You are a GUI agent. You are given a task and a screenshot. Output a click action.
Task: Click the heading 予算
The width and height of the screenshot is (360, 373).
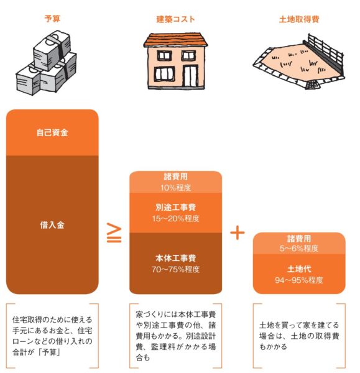tap(52, 19)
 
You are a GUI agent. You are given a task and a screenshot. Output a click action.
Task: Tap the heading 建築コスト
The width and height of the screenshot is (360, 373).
tap(175, 19)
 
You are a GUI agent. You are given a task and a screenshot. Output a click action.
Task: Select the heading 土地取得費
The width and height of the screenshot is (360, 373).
tap(299, 19)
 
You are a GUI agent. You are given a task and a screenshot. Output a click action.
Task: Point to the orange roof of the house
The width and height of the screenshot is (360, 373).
tap(175, 40)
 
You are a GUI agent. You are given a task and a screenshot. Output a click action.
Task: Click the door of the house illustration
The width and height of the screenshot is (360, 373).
tap(190, 76)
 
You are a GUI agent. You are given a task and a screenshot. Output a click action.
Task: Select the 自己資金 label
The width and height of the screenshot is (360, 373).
tap(52, 132)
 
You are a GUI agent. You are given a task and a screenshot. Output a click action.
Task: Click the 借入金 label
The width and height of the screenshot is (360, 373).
tap(52, 225)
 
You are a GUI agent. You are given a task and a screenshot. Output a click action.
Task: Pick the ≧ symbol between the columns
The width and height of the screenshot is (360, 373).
tap(114, 233)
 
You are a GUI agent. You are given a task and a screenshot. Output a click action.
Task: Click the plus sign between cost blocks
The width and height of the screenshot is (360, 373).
tap(238, 233)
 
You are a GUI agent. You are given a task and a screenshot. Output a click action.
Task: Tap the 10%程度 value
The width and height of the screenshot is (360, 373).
tap(175, 188)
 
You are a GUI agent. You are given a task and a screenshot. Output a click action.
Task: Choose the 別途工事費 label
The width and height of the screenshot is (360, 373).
tap(175, 207)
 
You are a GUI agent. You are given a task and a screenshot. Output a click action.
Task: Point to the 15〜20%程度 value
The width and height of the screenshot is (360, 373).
tap(175, 218)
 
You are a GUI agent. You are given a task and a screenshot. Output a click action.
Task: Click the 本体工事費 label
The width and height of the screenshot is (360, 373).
tap(175, 258)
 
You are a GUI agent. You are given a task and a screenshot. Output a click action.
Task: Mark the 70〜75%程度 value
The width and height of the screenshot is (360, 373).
tap(175, 269)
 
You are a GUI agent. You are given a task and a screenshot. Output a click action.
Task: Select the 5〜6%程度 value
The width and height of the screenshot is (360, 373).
tap(299, 248)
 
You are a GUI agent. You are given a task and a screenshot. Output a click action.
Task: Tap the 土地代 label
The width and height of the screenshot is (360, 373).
tap(299, 269)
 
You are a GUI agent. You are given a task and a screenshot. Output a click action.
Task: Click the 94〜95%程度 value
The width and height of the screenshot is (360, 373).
tap(299, 280)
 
